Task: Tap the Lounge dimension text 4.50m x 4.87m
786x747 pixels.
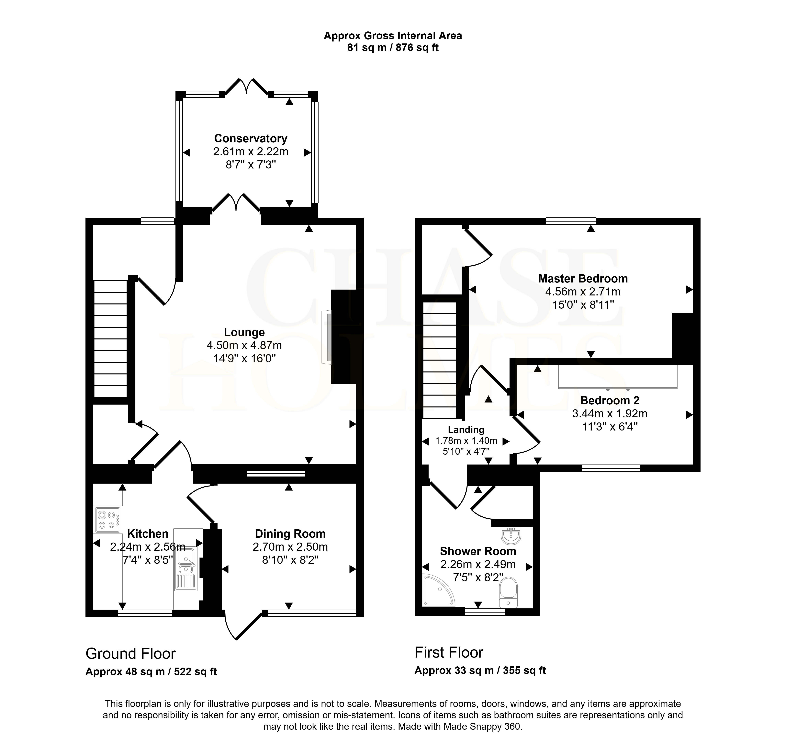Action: (x=244, y=345)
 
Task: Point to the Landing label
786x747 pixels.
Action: (x=466, y=430)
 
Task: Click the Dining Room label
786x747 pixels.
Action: (x=290, y=534)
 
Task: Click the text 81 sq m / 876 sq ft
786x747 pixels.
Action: (x=393, y=48)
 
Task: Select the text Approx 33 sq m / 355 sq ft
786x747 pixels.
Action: (x=480, y=671)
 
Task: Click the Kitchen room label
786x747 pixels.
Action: (x=148, y=534)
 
